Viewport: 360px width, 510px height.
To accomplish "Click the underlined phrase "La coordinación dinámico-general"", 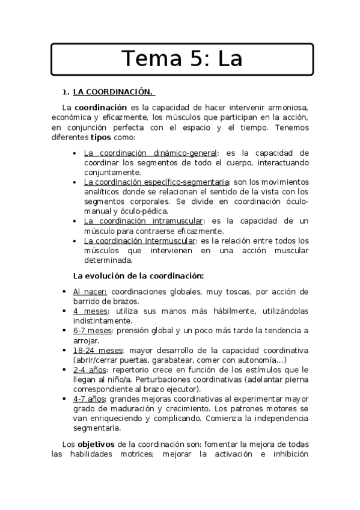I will (151, 153).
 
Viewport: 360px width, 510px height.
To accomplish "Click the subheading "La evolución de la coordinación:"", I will (138, 276).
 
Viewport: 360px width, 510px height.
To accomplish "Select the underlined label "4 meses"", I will (91, 311).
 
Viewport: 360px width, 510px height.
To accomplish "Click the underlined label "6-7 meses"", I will (93, 330).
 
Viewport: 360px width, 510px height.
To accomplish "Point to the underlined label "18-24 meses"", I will (98, 350).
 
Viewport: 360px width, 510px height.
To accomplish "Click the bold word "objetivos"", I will (97, 444).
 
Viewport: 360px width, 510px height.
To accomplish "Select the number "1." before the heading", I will (66, 92).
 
